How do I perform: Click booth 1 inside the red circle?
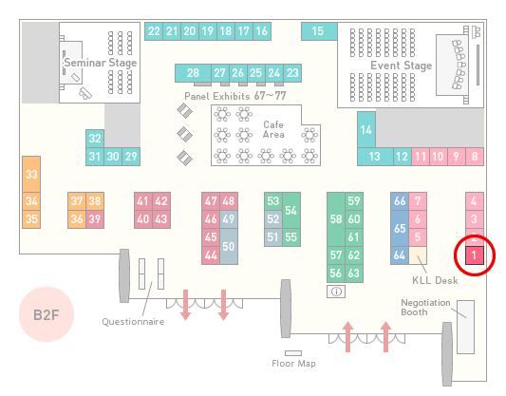[475, 255]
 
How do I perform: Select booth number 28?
[193, 73]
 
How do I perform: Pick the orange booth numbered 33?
[31, 175]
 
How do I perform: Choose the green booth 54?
[291, 211]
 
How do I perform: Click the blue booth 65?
[400, 228]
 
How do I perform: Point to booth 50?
[229, 246]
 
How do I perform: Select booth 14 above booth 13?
[366, 130]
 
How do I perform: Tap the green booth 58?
[336, 219]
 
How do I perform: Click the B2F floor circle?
[47, 314]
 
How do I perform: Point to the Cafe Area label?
[273, 129]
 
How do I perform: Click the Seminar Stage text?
[101, 63]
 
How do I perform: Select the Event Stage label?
[402, 66]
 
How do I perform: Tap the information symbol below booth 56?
[336, 292]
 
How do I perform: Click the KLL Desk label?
[435, 280]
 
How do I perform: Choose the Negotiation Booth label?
[425, 308]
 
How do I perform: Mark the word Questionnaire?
[133, 322]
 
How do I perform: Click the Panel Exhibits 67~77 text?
[235, 96]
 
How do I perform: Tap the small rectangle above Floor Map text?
[293, 353]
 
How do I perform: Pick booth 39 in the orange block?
[95, 219]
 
